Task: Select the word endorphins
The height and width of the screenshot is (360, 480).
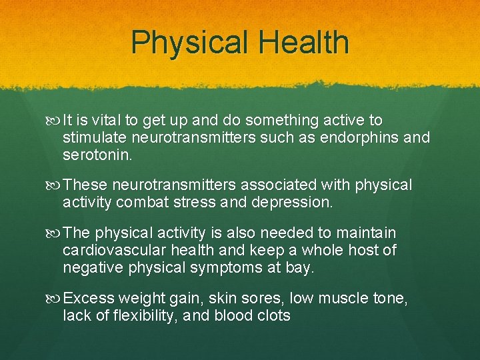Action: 360,138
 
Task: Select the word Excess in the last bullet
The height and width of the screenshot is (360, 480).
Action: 88,298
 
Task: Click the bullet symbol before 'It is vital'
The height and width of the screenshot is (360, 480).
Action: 54,121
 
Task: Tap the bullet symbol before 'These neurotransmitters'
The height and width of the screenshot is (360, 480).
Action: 54,185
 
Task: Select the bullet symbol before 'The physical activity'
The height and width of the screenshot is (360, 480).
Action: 54,233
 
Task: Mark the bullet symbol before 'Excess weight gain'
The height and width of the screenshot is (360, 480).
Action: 54,298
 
